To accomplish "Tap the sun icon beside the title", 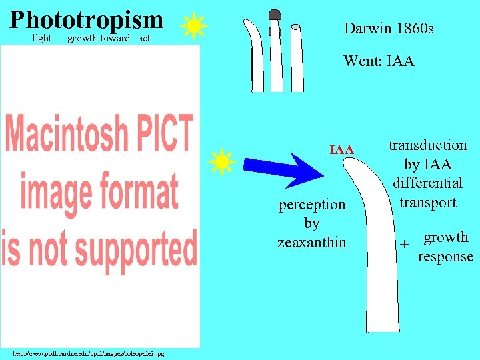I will point(194,26).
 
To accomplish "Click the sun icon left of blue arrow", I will point(221,162).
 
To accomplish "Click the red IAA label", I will point(342,151).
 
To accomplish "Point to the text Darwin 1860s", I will point(389,29).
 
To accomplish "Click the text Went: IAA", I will point(379,61).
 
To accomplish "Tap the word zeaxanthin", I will point(312,242).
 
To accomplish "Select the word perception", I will point(312,205).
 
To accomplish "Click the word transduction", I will point(427,145).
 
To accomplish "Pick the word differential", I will point(427,183).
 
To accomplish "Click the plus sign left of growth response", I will point(403,245).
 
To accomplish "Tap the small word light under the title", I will point(42,39).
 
